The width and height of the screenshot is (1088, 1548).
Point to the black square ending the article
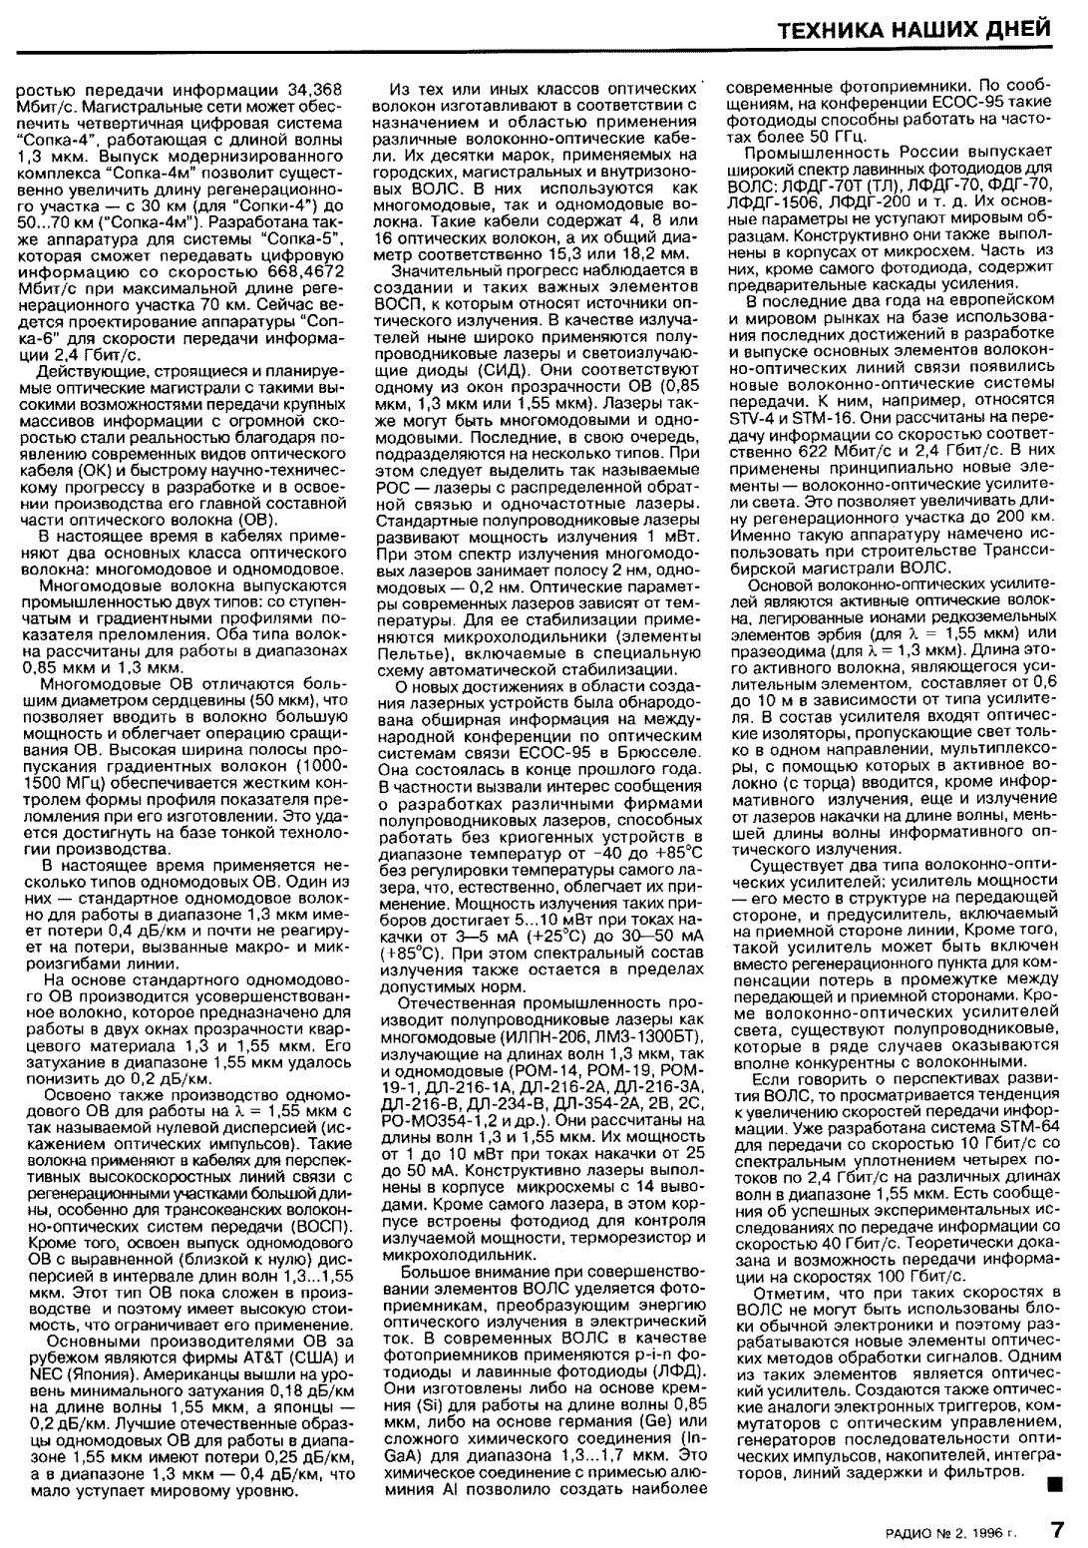(x=1052, y=1486)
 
